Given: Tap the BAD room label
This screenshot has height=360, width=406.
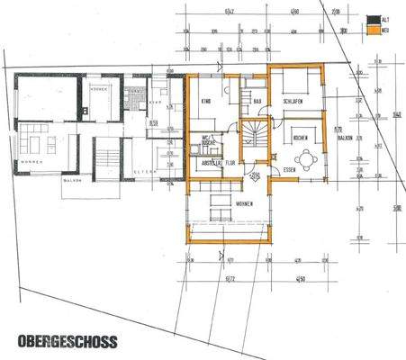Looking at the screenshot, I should (257, 103).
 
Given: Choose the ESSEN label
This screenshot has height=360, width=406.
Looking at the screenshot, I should (290, 168).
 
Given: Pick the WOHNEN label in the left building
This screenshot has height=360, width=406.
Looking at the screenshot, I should (31, 162).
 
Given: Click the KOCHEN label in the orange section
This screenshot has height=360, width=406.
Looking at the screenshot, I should (300, 137).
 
